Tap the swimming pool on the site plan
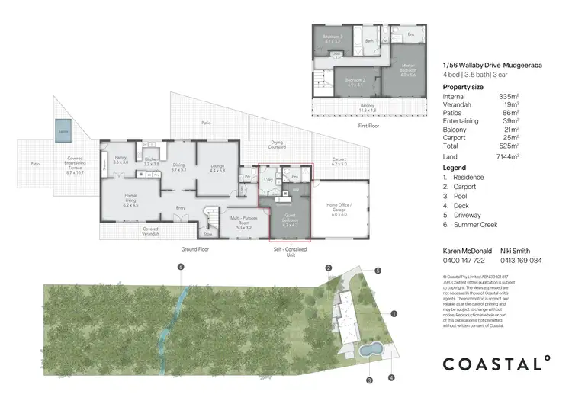click(x=371, y=350)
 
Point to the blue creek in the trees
click(x=174, y=316)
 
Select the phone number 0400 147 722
click(x=463, y=260)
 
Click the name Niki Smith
click(x=515, y=250)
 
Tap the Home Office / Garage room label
click(x=339, y=207)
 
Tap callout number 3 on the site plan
click(x=368, y=380)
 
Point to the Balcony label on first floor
click(x=368, y=107)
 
